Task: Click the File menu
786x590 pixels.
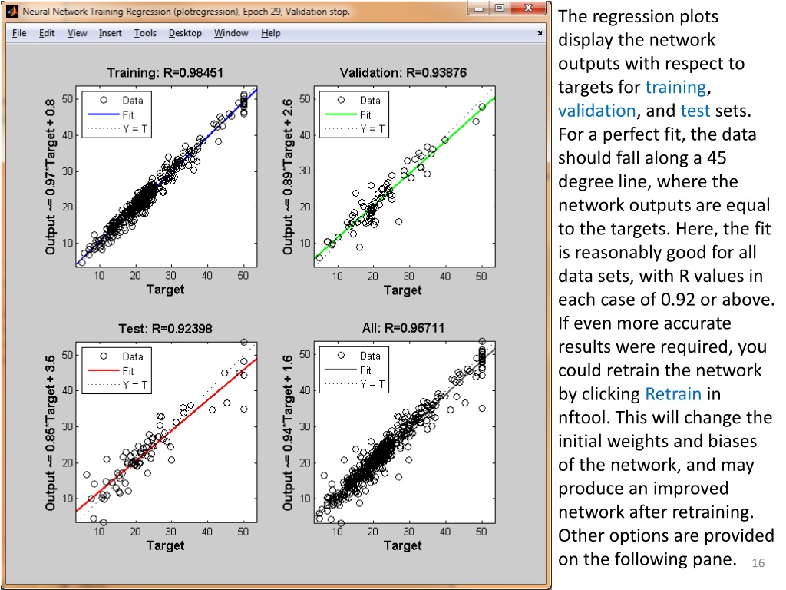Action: [19, 33]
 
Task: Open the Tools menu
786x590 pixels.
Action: [145, 33]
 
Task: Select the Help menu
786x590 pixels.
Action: [270, 33]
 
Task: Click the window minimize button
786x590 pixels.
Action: [479, 9]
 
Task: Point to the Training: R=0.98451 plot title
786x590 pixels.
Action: [165, 73]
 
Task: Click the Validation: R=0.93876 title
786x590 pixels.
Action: [403, 73]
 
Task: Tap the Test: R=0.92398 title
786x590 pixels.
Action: [165, 329]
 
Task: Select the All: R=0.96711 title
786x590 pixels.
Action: [403, 329]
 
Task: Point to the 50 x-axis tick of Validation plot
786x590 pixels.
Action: [482, 276]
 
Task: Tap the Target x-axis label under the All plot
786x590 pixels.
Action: [403, 545]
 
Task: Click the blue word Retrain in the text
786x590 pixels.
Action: [673, 394]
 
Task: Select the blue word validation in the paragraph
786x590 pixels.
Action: [596, 111]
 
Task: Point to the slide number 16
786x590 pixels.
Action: [758, 563]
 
